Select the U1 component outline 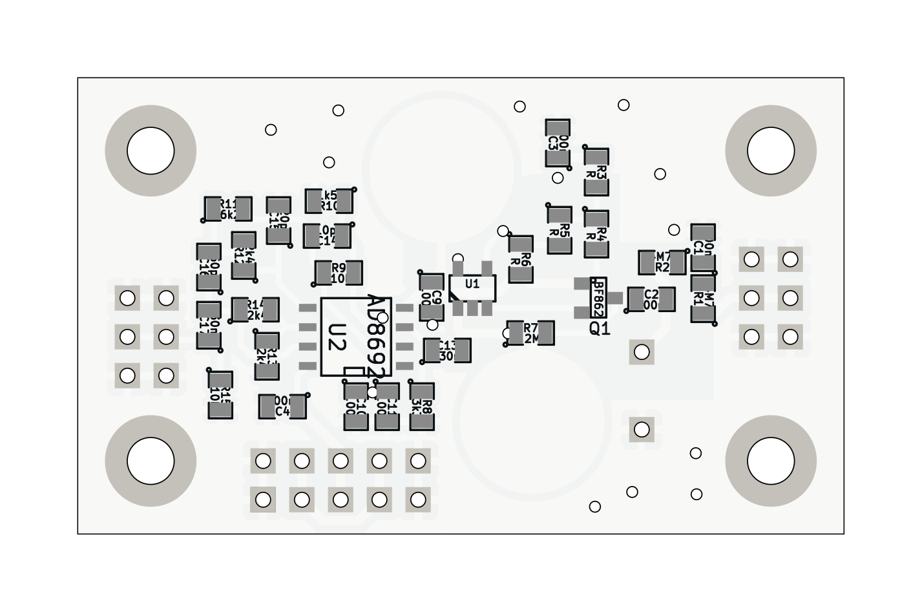click(x=472, y=287)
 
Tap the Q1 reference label click(x=600, y=329)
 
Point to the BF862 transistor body click(x=598, y=297)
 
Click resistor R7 click(x=530, y=333)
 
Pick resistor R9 click(x=339, y=273)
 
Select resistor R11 click(x=228, y=209)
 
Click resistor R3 click(x=596, y=172)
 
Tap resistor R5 click(x=560, y=230)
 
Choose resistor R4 click(x=596, y=233)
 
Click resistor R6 click(x=521, y=259)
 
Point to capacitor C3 click(x=558, y=143)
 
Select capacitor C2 click(x=651, y=299)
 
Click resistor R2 click(x=662, y=262)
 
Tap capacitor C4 click(x=282, y=406)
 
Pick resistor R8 click(x=422, y=406)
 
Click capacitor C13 click(x=447, y=350)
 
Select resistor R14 click(x=255, y=310)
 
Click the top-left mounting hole click(x=151, y=151)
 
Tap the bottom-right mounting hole click(x=771, y=461)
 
